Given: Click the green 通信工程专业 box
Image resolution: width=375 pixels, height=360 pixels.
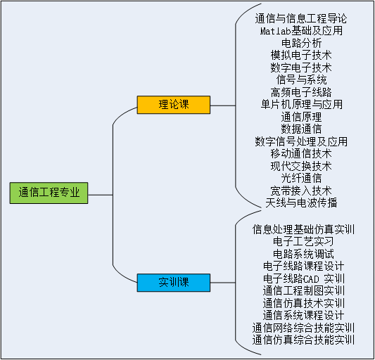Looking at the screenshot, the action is click(49, 193).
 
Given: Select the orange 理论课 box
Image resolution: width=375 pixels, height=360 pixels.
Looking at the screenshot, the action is click(174, 105).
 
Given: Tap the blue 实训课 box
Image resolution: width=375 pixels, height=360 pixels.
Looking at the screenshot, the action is click(174, 283).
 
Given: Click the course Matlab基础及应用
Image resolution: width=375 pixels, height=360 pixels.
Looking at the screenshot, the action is click(301, 31).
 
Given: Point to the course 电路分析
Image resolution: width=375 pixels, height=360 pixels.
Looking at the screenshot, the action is click(301, 43).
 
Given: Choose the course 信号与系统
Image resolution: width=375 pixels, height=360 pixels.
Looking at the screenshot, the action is click(301, 80).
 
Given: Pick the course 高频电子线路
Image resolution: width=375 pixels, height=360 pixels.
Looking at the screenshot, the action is click(301, 92).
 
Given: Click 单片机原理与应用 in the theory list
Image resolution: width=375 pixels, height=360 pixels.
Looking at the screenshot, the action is click(301, 105).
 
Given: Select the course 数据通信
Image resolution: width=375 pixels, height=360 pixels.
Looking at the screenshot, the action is click(301, 129).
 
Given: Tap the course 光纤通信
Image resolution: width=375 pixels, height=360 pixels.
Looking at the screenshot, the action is click(301, 178).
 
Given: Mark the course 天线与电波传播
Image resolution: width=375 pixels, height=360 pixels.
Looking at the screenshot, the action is click(301, 202).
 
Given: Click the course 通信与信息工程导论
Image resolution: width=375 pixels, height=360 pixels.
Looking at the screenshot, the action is click(301, 19).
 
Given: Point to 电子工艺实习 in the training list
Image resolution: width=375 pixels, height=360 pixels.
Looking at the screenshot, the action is click(303, 241).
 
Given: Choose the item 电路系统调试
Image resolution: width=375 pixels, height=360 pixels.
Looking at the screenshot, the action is click(303, 254).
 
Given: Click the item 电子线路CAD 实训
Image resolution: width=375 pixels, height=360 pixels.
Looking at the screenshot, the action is click(304, 278).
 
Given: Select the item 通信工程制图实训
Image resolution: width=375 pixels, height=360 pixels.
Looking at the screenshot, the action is click(304, 290).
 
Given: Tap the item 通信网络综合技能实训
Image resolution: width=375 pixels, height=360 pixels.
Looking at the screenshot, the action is click(303, 328).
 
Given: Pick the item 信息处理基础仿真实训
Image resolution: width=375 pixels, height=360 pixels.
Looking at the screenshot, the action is click(303, 229).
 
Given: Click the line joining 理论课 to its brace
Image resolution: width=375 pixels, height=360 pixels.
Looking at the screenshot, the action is click(223, 105).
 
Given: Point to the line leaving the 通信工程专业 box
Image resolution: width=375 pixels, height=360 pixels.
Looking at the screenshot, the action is click(101, 195).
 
